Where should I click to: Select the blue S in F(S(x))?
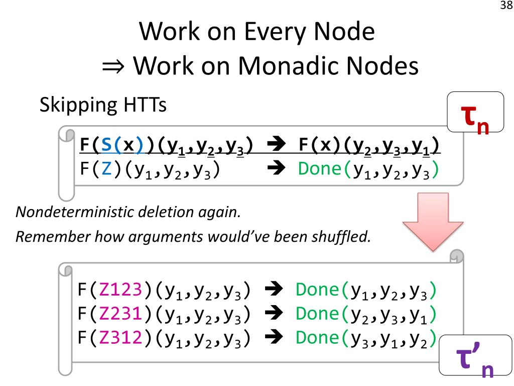106,145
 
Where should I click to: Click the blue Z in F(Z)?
106,169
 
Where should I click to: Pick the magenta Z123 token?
122,289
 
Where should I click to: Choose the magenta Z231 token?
122,314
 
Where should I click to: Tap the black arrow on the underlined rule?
276,145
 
